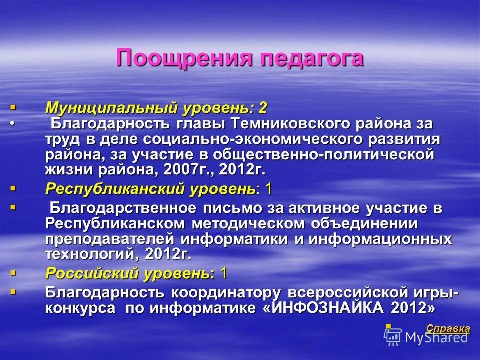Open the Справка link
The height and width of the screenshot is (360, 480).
448,328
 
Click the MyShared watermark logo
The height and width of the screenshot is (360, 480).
429,337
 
